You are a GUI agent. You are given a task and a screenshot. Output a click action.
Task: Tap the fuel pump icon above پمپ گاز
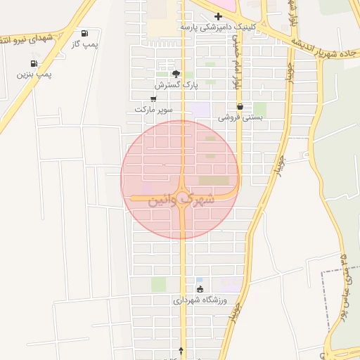point(85,33)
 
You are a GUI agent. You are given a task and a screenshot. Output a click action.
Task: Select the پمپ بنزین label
point(34,74)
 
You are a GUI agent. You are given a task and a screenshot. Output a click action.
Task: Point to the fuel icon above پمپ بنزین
point(34,63)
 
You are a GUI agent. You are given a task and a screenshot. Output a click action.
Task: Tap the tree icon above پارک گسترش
point(176,73)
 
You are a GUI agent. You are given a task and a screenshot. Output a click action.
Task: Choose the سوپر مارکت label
point(153,110)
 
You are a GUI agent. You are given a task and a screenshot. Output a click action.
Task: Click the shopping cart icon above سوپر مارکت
point(153,99)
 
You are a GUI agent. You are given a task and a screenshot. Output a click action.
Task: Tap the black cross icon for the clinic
point(219,15)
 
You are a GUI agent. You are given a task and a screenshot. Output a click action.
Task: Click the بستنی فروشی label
point(240,117)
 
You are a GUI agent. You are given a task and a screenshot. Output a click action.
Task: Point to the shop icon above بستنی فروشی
point(240,107)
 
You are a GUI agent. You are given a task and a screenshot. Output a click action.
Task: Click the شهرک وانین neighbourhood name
point(180,200)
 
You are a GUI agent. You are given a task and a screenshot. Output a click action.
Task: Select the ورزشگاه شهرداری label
point(200,300)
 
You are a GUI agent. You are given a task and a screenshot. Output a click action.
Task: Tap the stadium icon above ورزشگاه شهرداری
point(200,289)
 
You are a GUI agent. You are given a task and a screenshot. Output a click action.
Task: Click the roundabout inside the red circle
point(182,198)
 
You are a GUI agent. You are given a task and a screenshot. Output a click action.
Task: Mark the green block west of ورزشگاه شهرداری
point(158,284)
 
